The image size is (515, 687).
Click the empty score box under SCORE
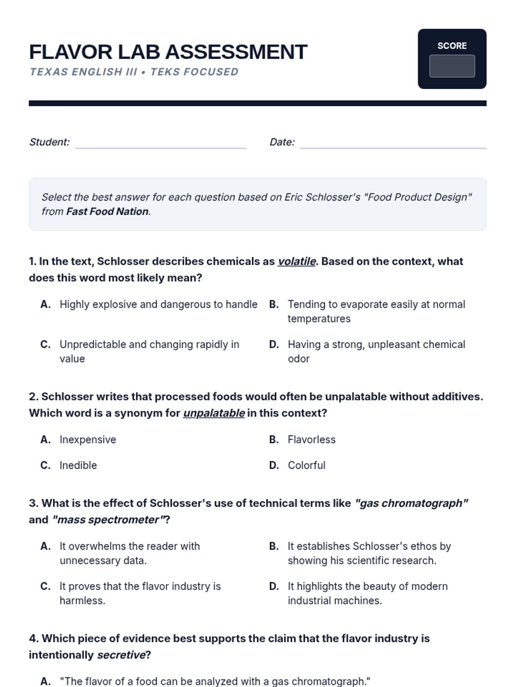pyautogui.click(x=452, y=66)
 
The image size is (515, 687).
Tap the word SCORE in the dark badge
pyautogui.click(x=452, y=46)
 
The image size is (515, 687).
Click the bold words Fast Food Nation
pyautogui.click(x=107, y=212)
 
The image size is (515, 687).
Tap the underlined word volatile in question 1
pyautogui.click(x=297, y=261)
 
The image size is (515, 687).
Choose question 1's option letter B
pyautogui.click(x=274, y=304)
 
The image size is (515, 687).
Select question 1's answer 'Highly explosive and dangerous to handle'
pyautogui.click(x=158, y=304)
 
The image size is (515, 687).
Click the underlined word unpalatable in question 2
pyautogui.click(x=214, y=413)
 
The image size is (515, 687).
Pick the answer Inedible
pyautogui.click(x=78, y=465)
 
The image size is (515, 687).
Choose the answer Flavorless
pyautogui.click(x=312, y=440)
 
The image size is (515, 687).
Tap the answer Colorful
pyautogui.click(x=306, y=465)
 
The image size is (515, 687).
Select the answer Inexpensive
pyautogui.click(x=88, y=440)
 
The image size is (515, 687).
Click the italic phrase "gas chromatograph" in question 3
pyautogui.click(x=411, y=503)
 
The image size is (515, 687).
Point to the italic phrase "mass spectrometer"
pyautogui.click(x=108, y=520)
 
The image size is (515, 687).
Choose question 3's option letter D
pyautogui.click(x=274, y=587)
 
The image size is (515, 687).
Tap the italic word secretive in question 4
pyautogui.click(x=121, y=655)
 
